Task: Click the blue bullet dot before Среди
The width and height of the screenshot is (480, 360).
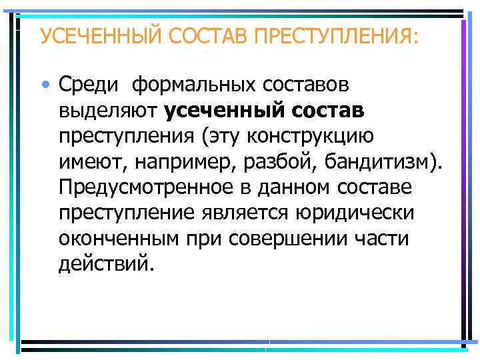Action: click(45, 85)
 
